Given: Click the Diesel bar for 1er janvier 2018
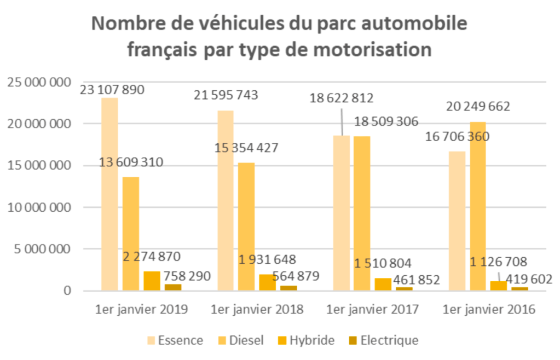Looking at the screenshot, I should pyautogui.click(x=246, y=227).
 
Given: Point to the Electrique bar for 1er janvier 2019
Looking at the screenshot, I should pyautogui.click(x=173, y=287).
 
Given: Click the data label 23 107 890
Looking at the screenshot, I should pyautogui.click(x=112, y=90).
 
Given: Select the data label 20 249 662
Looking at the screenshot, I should pyautogui.click(x=477, y=106).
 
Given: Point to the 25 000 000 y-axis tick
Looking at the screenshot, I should pyautogui.click(x=39, y=83).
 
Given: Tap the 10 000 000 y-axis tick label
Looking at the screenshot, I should pyautogui.click(x=39, y=207).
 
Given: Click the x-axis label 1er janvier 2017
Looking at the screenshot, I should pyautogui.click(x=372, y=309).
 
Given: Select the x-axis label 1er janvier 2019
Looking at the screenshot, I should pyautogui.click(x=141, y=309).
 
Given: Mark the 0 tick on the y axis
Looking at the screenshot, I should pyautogui.click(x=67, y=291).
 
